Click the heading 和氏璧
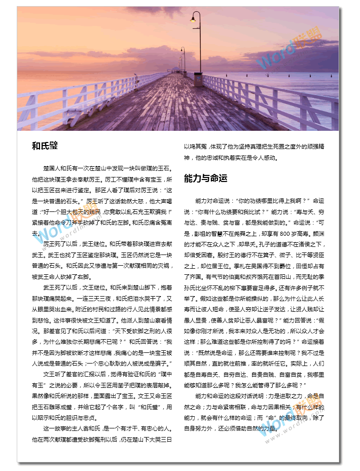click(45, 146)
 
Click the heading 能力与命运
click(205, 178)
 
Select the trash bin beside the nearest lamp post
click(198, 79)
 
